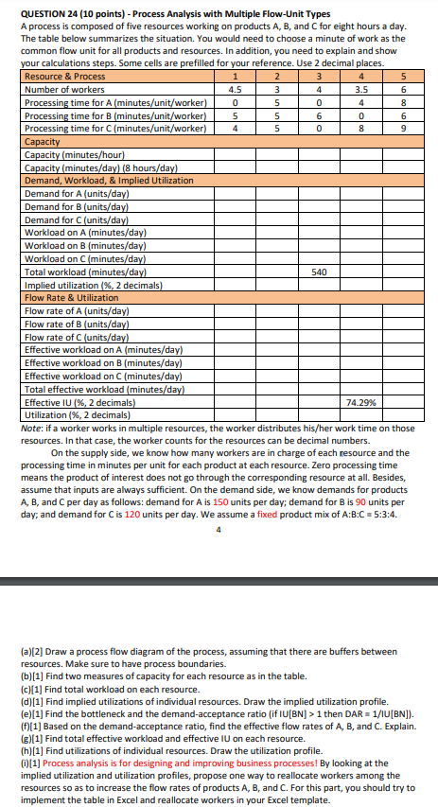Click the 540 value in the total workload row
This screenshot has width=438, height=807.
click(x=318, y=272)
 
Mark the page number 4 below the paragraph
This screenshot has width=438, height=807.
click(x=219, y=529)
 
